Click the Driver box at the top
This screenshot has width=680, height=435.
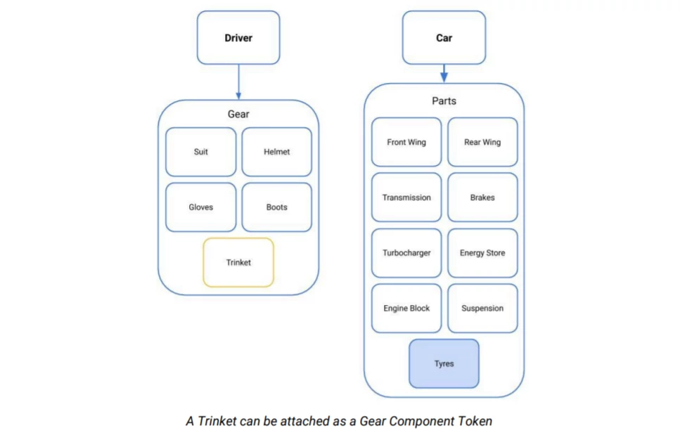238,38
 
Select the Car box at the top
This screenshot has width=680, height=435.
444,38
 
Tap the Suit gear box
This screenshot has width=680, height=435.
201,152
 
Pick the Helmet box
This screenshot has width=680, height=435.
277,152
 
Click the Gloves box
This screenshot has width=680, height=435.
201,207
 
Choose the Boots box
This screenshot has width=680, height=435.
277,207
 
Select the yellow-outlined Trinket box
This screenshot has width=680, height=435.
238,262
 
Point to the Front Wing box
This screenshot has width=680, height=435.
406,142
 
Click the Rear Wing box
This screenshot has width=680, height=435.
482,142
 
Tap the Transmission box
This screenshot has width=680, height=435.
406,197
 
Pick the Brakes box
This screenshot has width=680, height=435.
482,197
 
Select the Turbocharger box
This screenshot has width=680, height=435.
406,253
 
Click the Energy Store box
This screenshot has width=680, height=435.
482,253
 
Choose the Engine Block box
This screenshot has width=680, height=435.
406,309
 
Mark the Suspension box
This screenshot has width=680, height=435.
482,309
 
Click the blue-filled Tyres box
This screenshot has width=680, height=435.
444,363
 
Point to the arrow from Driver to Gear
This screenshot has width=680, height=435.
238,82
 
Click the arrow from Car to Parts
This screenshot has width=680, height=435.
444,73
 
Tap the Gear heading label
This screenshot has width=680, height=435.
238,114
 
